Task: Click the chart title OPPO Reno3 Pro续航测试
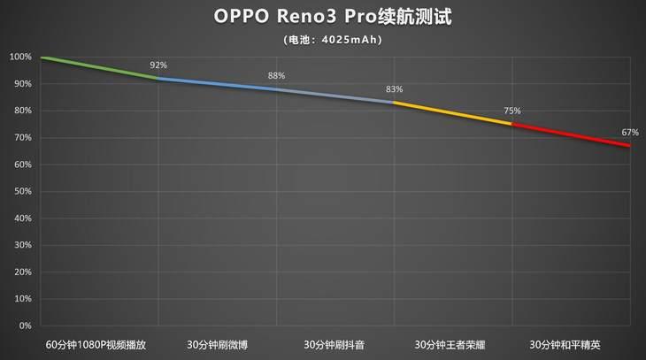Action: pyautogui.click(x=322, y=17)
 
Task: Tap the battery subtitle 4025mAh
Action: pyautogui.click(x=322, y=40)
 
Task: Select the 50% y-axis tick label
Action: pyautogui.click(x=21, y=192)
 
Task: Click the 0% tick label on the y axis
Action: pyautogui.click(x=25, y=326)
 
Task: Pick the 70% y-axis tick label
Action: pyautogui.click(x=21, y=138)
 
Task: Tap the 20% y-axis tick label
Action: pyautogui.click(x=21, y=272)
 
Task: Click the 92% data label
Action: pyautogui.click(x=158, y=65)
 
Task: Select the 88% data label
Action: pyautogui.click(x=277, y=76)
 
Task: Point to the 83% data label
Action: pyautogui.click(x=394, y=89)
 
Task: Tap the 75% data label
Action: pyautogui.click(x=512, y=111)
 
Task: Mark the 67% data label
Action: pyautogui.click(x=629, y=132)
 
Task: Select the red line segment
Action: pyautogui.click(x=571, y=134)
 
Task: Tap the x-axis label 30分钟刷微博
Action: pyautogui.click(x=218, y=344)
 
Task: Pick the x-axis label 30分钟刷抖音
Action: pyautogui.click(x=335, y=344)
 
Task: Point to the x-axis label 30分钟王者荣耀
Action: pyautogui.click(x=452, y=344)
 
